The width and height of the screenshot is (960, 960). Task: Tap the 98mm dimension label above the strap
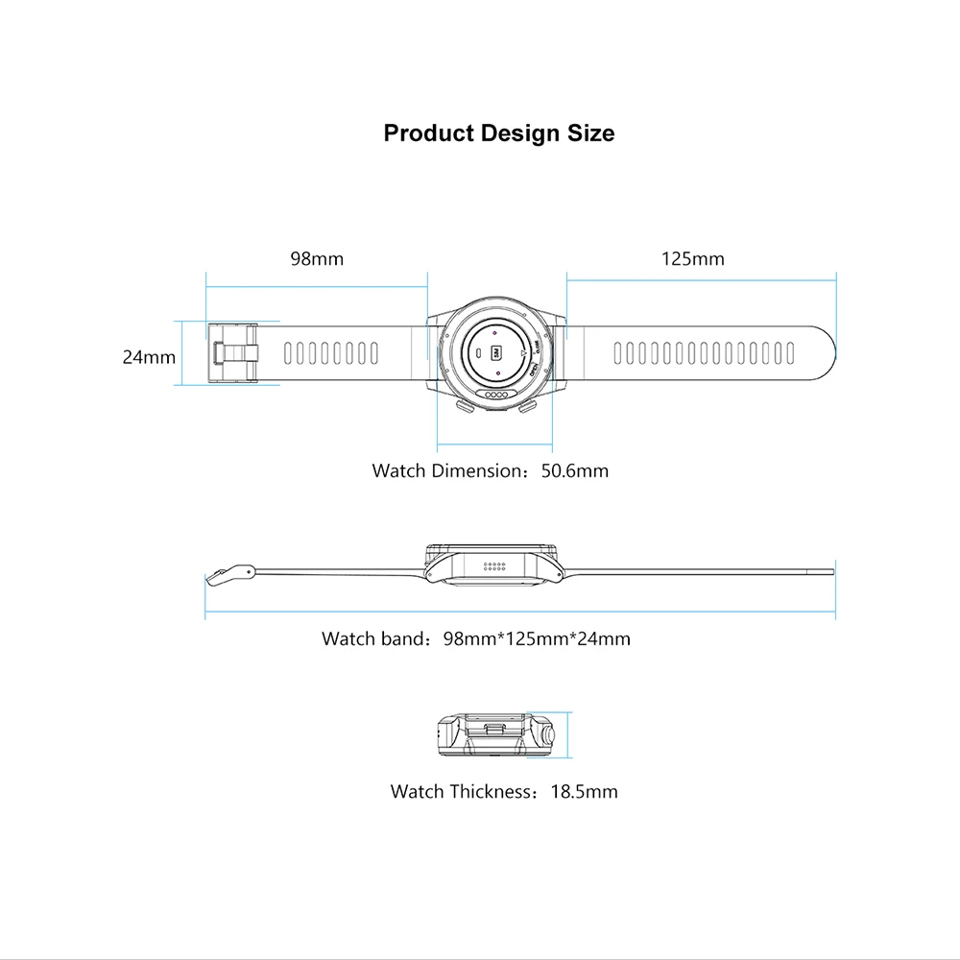point(317,258)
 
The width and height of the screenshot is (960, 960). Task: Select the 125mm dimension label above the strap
point(693,258)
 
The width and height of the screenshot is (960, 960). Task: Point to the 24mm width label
point(149,357)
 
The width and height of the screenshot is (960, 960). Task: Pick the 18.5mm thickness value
point(585,792)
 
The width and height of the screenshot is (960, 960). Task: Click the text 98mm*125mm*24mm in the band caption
point(537,638)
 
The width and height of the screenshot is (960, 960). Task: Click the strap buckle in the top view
point(234,353)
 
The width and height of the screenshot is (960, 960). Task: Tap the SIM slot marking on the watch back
point(497,351)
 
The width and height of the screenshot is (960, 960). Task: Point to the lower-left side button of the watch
point(466,408)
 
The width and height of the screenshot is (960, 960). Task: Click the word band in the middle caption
point(403,638)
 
